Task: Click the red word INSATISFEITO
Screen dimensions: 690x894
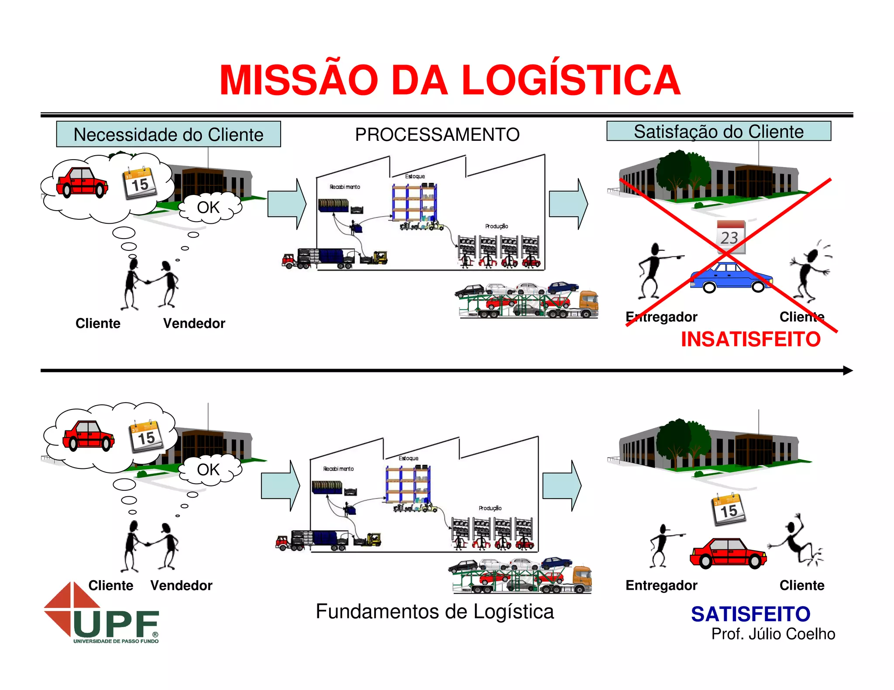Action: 750,339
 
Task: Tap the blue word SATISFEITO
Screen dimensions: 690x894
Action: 750,614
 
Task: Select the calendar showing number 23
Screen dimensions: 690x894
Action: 730,237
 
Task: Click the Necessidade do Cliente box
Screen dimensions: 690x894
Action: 168,134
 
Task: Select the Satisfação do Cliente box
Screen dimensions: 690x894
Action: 719,131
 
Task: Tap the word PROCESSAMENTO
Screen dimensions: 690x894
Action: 437,134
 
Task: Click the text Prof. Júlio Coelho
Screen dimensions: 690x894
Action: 773,634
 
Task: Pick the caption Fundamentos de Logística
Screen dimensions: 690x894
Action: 435,611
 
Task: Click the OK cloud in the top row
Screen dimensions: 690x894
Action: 209,208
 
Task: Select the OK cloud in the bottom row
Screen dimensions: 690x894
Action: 209,469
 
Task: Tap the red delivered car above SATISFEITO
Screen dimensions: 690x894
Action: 728,553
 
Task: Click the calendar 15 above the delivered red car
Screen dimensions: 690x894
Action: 728,509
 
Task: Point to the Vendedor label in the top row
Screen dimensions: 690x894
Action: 194,323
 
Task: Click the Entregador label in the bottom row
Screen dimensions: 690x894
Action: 661,585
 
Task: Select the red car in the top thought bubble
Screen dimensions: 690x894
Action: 82,182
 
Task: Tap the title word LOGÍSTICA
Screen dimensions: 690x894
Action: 571,80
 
